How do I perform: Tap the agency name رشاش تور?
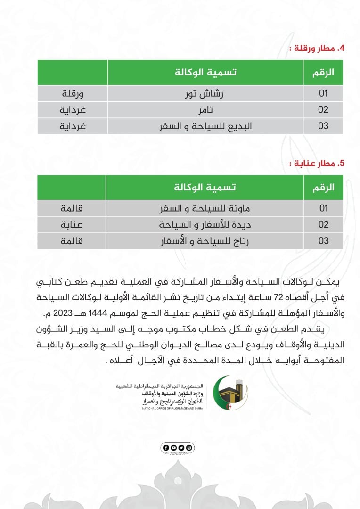coord(205,93)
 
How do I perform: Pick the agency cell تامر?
coord(205,110)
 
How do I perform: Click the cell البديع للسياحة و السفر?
coord(205,126)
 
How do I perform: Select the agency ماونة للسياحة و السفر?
coord(205,208)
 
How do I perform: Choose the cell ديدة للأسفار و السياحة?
coord(205,224)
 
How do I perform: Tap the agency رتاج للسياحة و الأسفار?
coord(205,241)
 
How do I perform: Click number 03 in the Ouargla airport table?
coord(323,126)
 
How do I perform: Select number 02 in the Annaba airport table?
coord(323,224)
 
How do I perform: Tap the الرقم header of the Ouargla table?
coord(323,73)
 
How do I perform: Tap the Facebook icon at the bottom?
coord(166,447)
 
